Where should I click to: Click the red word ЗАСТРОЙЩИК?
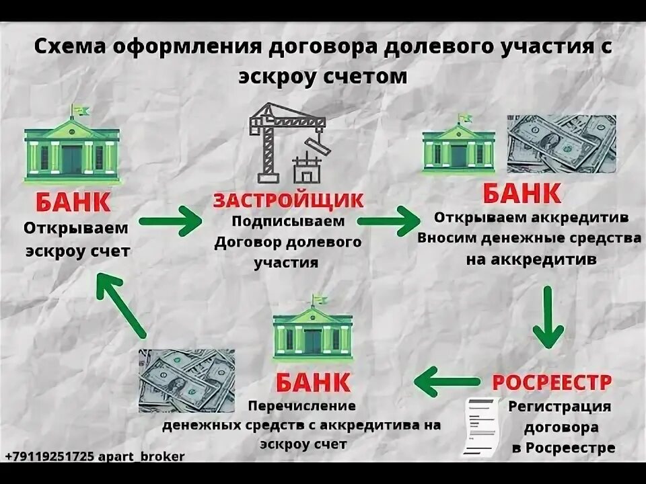coord(288,200)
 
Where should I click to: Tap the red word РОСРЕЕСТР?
coord(552,382)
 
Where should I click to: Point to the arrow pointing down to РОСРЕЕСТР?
coord(548,316)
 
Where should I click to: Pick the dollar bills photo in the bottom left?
coord(186,380)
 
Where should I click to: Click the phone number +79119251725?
coord(49,456)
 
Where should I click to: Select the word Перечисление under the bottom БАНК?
coord(301,406)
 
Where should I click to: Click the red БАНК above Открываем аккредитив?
coord(522,195)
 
